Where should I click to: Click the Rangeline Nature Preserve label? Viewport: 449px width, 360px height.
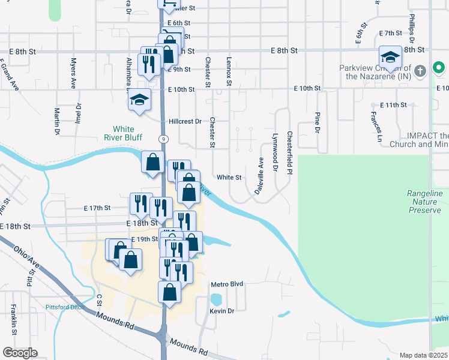pyautogui.click(x=424, y=202)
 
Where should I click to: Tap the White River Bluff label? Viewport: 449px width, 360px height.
pyautogui.click(x=124, y=133)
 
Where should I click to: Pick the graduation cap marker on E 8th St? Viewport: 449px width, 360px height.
pyautogui.click(x=390, y=58)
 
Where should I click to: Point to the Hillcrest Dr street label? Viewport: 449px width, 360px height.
pyautogui.click(x=185, y=121)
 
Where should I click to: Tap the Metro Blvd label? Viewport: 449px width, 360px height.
pyautogui.click(x=227, y=284)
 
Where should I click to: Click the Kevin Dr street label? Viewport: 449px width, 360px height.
pyautogui.click(x=221, y=310)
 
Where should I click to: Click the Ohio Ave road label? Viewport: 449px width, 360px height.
pyautogui.click(x=27, y=256)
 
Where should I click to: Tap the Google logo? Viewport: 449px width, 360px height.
pyautogui.click(x=20, y=353)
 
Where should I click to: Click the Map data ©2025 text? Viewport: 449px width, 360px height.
pyautogui.click(x=423, y=355)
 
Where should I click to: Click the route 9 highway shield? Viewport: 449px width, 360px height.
pyautogui.click(x=163, y=139)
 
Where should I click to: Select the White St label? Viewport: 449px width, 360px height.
pyautogui.click(x=229, y=178)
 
